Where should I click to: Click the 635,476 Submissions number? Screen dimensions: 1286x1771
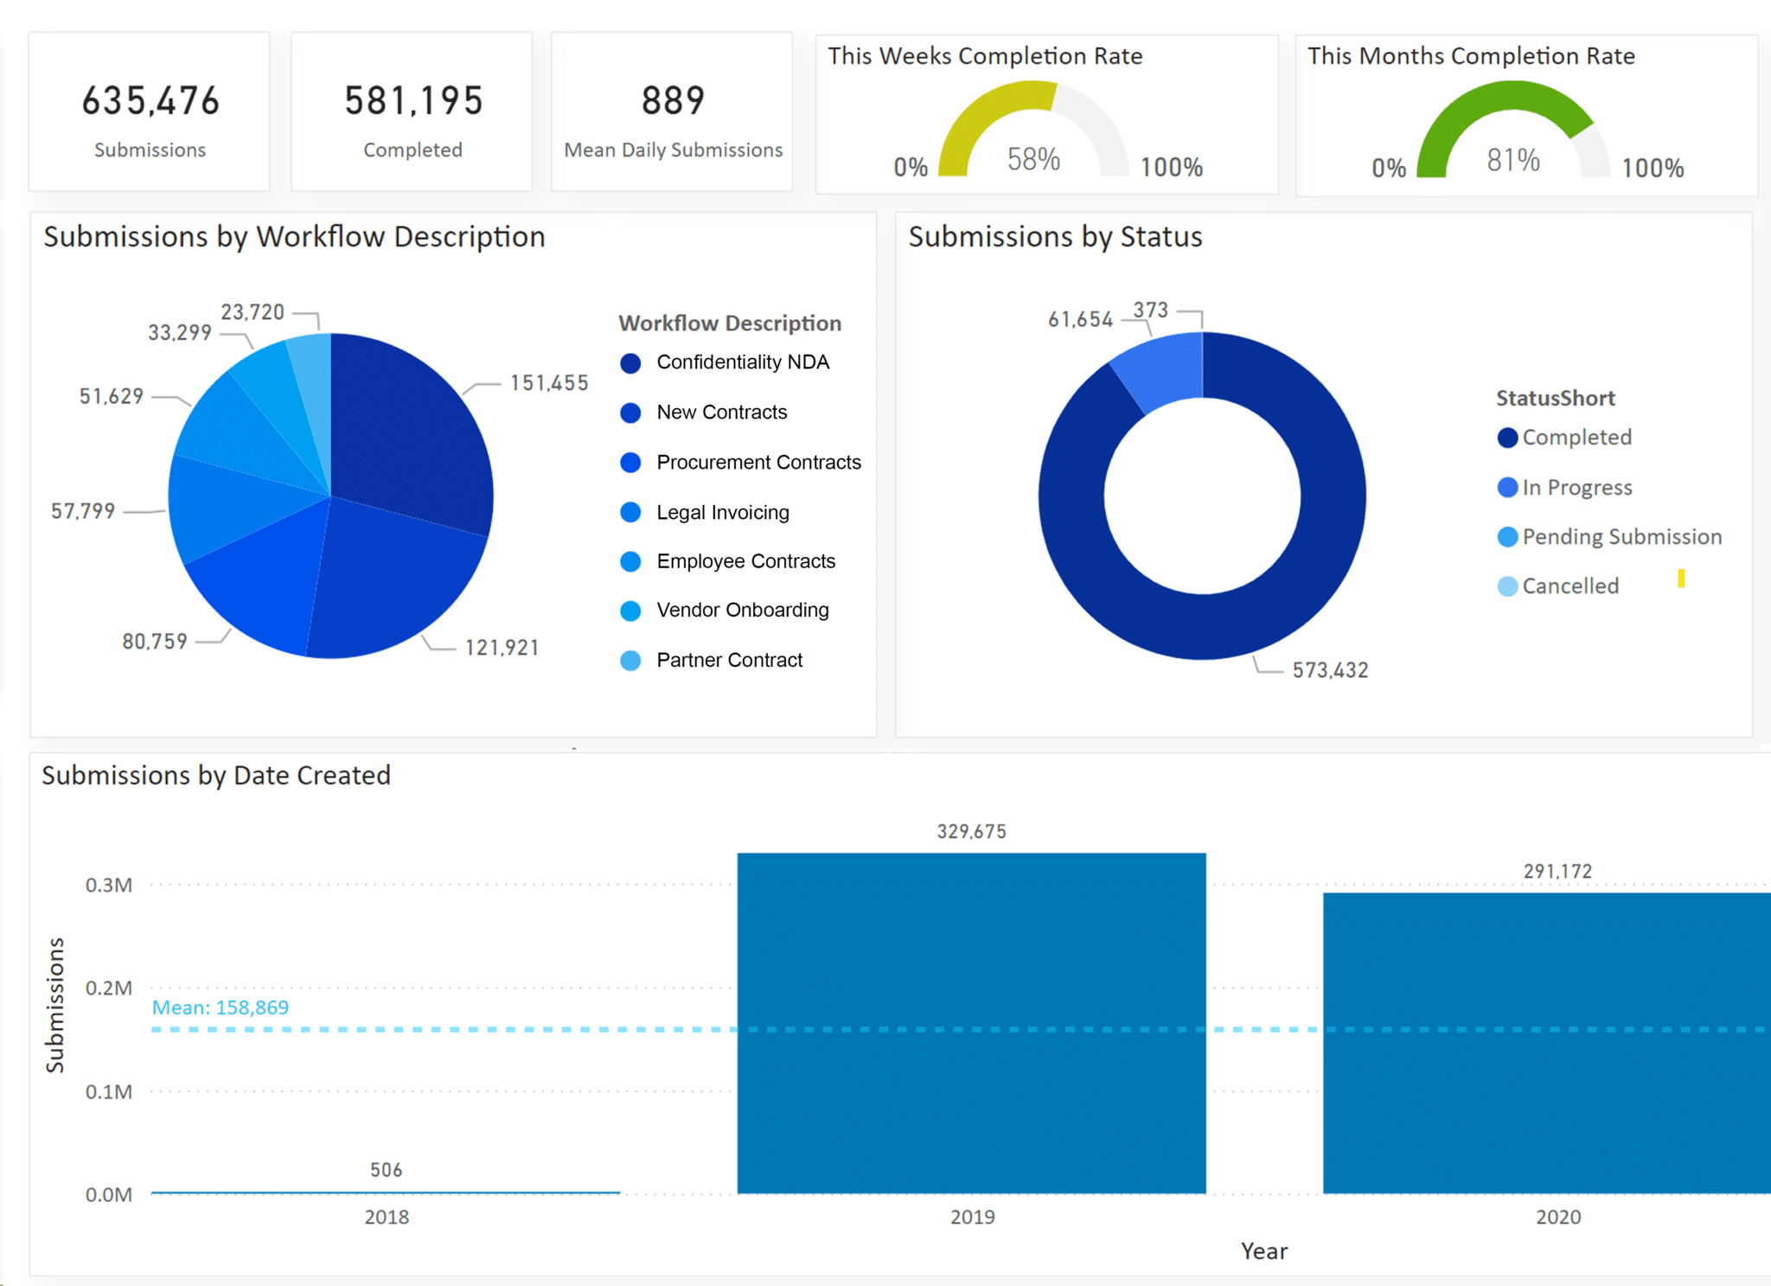(150, 101)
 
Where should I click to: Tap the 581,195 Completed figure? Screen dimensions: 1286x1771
(413, 101)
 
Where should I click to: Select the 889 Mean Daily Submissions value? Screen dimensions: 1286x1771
(673, 101)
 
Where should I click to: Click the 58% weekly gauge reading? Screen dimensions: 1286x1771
(1033, 160)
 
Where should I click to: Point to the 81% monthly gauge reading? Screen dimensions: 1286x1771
(1513, 160)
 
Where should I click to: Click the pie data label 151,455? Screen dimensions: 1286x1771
(549, 383)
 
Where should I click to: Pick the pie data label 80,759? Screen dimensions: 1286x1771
(155, 642)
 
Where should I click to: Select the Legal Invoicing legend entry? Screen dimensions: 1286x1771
(722, 512)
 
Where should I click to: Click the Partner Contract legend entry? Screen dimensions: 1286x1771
(729, 660)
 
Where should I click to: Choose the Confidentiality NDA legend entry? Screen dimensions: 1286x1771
(742, 362)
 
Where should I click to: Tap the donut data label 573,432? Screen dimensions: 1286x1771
(1330, 670)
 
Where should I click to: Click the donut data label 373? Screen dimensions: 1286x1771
(1150, 310)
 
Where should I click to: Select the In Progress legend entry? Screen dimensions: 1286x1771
(1576, 488)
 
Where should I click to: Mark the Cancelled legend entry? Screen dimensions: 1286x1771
(1570, 586)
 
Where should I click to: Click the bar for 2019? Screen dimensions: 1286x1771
(971, 1020)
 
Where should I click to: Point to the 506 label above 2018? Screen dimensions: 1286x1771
(386, 1170)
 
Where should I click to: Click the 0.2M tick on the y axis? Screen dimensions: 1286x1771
(109, 988)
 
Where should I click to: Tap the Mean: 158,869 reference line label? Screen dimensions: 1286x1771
(221, 1008)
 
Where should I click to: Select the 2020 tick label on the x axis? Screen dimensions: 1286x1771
(1558, 1217)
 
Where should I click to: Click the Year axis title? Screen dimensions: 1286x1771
(1264, 1251)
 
